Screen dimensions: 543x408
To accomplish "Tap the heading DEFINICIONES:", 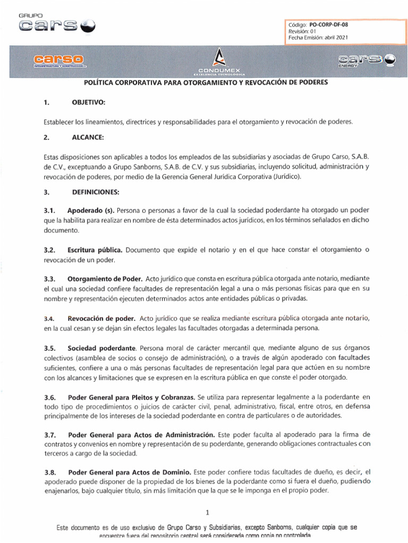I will [96, 191].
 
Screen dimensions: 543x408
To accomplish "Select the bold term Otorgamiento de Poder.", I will [105, 278].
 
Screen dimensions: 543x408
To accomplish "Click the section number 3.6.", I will [50, 397].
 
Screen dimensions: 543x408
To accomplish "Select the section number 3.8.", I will [50, 472].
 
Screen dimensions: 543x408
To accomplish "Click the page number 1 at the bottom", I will [208, 512].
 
